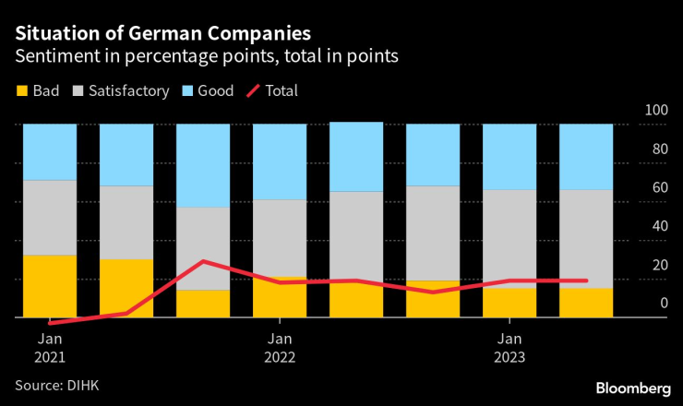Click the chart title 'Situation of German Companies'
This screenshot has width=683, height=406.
(x=162, y=34)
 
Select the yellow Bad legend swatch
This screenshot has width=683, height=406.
(x=21, y=91)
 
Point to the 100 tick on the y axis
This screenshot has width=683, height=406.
(x=656, y=111)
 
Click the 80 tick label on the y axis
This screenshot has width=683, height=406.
(x=656, y=149)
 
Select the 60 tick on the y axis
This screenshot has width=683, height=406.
(x=656, y=188)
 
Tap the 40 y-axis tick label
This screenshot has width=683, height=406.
(x=656, y=226)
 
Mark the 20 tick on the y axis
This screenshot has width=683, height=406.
(x=656, y=265)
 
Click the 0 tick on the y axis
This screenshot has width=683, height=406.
(x=660, y=304)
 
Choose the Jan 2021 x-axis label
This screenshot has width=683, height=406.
(x=49, y=347)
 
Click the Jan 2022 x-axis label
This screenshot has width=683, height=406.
(x=280, y=347)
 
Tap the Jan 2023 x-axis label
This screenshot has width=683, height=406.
(x=509, y=347)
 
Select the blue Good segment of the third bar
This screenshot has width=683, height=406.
(x=203, y=166)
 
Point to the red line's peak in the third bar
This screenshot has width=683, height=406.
(x=203, y=261)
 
